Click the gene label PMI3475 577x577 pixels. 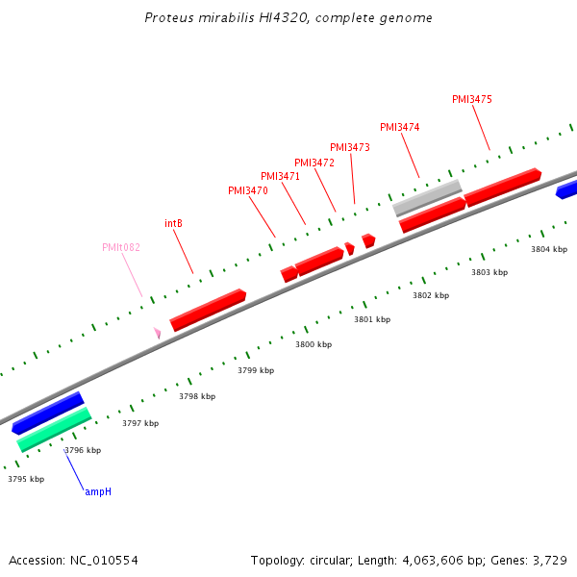click(472, 99)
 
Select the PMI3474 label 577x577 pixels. click(400, 127)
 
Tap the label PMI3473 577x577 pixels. click(350, 147)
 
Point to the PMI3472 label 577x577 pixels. click(314, 163)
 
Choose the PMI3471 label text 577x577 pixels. click(281, 176)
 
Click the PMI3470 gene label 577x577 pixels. click(248, 190)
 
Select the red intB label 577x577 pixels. click(173, 223)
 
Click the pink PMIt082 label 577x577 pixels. click(121, 247)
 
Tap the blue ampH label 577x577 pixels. click(98, 491)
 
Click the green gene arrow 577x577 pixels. click(54, 430)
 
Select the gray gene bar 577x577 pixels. click(427, 198)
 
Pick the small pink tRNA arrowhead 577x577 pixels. click(157, 332)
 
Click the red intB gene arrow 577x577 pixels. click(208, 310)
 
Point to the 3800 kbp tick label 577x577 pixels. click(314, 344)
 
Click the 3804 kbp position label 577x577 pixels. click(549, 249)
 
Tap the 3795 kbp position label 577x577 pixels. click(26, 479)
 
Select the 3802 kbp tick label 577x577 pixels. click(431, 295)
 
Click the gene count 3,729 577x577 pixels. click(551, 560)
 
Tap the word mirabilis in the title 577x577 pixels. click(214, 17)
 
